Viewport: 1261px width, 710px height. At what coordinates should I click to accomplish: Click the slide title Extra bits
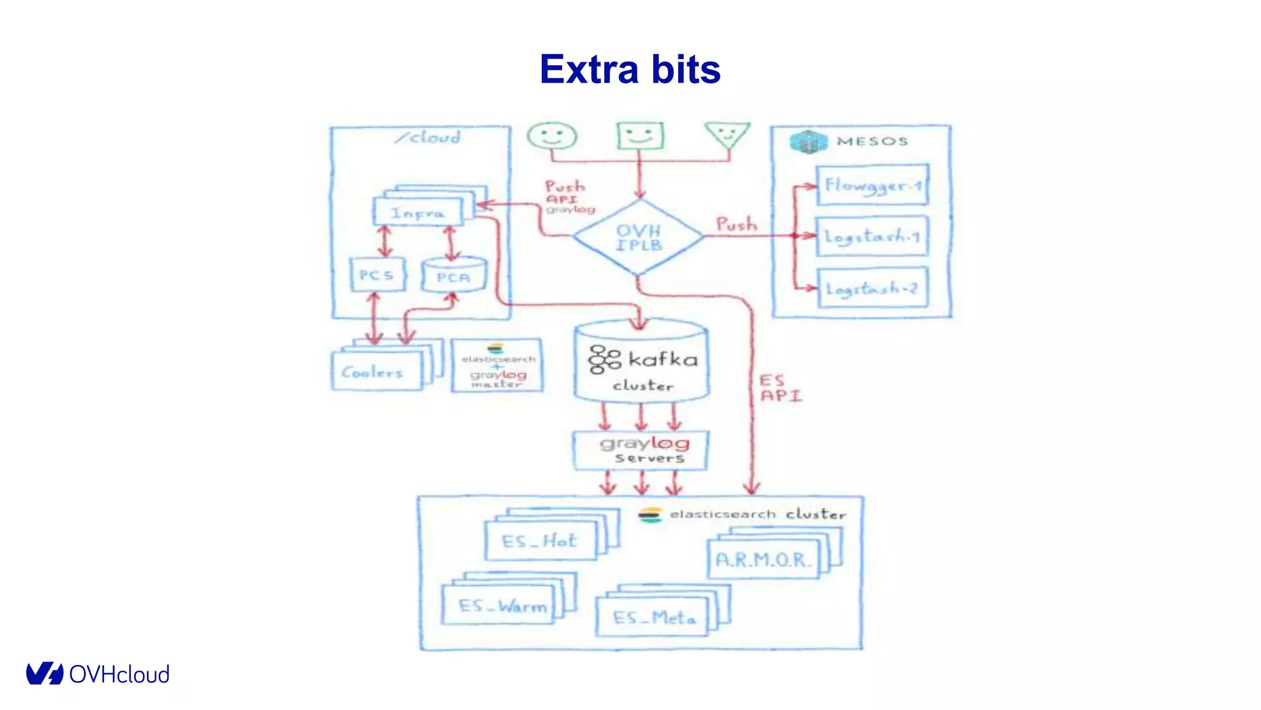tap(630, 69)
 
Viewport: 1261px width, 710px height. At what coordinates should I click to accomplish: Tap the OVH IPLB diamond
tap(639, 237)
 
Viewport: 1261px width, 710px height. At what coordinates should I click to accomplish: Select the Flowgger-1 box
tap(872, 185)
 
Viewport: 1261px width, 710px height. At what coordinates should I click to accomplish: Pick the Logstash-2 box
tap(872, 288)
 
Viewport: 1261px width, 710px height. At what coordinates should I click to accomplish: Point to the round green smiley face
tap(552, 136)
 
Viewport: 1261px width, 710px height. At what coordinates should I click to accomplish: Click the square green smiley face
tap(640, 135)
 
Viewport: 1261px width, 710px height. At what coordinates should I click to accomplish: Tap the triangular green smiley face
tap(728, 134)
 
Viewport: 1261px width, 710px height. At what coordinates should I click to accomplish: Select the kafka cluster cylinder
tap(642, 364)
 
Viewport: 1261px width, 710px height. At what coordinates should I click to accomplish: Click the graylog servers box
tap(640, 451)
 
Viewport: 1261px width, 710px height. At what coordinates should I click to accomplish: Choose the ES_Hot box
tap(540, 541)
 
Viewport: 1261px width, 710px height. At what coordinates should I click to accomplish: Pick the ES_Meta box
tap(653, 616)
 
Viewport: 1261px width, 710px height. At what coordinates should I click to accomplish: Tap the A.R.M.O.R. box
tap(763, 559)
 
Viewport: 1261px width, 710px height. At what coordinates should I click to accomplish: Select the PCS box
tap(377, 275)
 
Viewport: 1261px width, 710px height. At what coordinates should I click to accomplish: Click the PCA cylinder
tap(454, 277)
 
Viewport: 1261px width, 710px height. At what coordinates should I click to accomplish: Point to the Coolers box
tap(376, 372)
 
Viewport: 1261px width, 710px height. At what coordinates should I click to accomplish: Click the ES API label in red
tap(780, 388)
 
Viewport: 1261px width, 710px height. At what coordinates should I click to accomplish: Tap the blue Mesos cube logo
tap(808, 142)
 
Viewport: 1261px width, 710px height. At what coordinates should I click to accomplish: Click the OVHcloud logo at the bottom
tap(97, 674)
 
